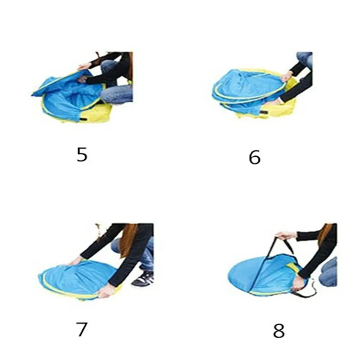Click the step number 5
[x=82, y=154]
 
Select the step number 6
[x=255, y=157]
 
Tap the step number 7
[x=81, y=329]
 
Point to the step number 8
[x=279, y=330]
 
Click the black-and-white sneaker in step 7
[x=143, y=279]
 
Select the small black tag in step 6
[x=264, y=112]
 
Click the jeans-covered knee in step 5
[x=117, y=94]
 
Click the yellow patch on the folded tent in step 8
[x=293, y=267]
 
